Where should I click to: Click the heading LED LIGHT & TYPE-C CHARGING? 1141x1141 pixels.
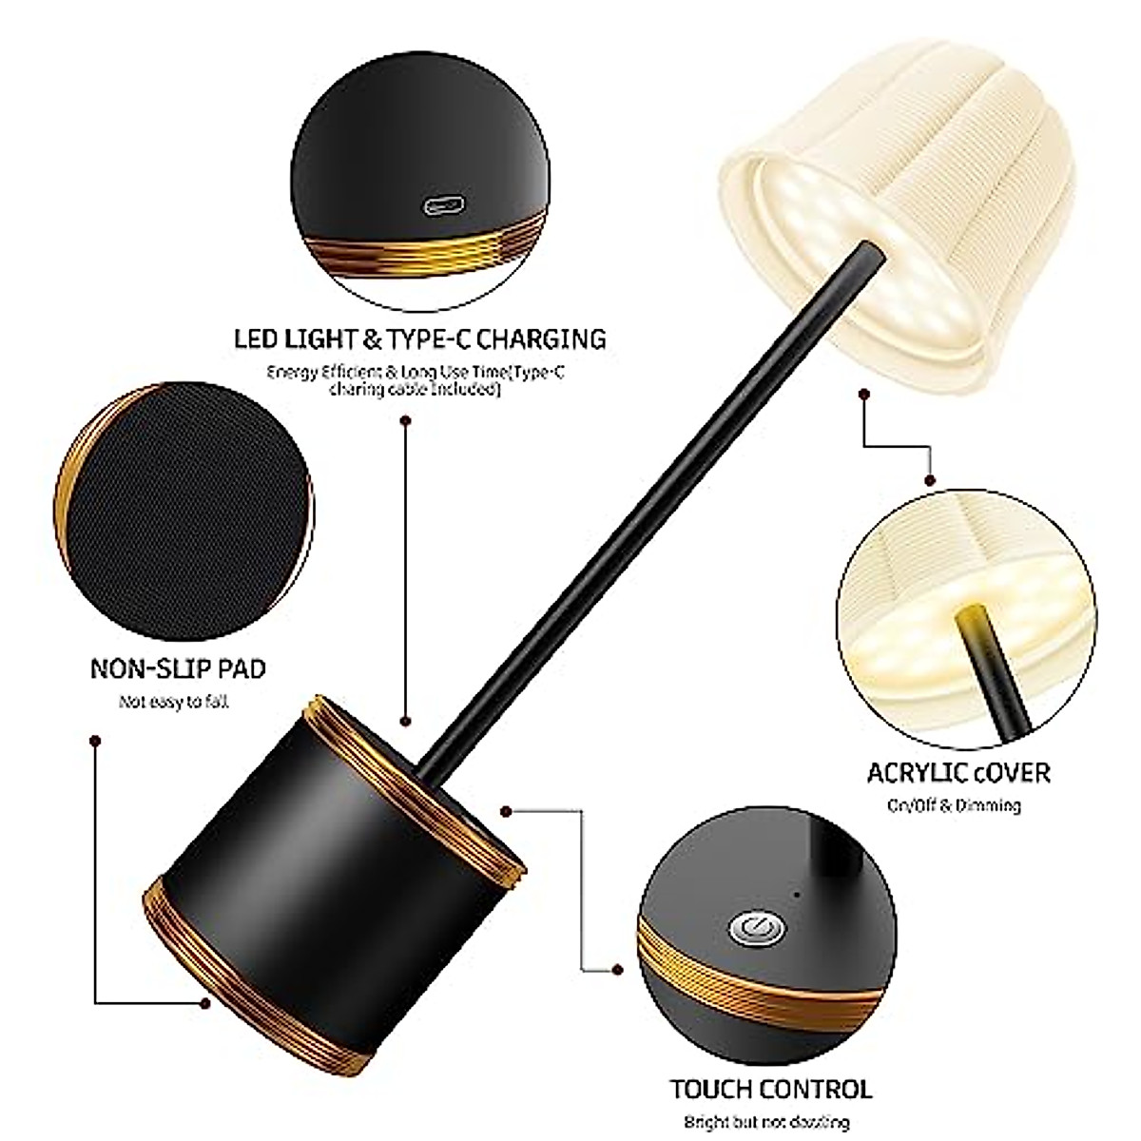[x=419, y=338]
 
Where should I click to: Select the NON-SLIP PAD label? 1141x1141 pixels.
[x=178, y=668]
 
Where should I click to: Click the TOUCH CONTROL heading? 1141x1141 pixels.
[x=770, y=1089]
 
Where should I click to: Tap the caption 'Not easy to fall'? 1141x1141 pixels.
[x=174, y=703]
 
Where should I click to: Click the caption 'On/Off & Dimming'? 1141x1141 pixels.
[x=955, y=806]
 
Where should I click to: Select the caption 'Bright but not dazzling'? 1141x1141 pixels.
[x=766, y=1122]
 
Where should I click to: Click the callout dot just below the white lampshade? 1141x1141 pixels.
[x=863, y=393]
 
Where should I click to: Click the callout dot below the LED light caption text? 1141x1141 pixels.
[x=406, y=419]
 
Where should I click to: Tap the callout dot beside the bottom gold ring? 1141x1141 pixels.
[x=204, y=1002]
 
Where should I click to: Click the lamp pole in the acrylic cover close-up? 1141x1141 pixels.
[x=994, y=666]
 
